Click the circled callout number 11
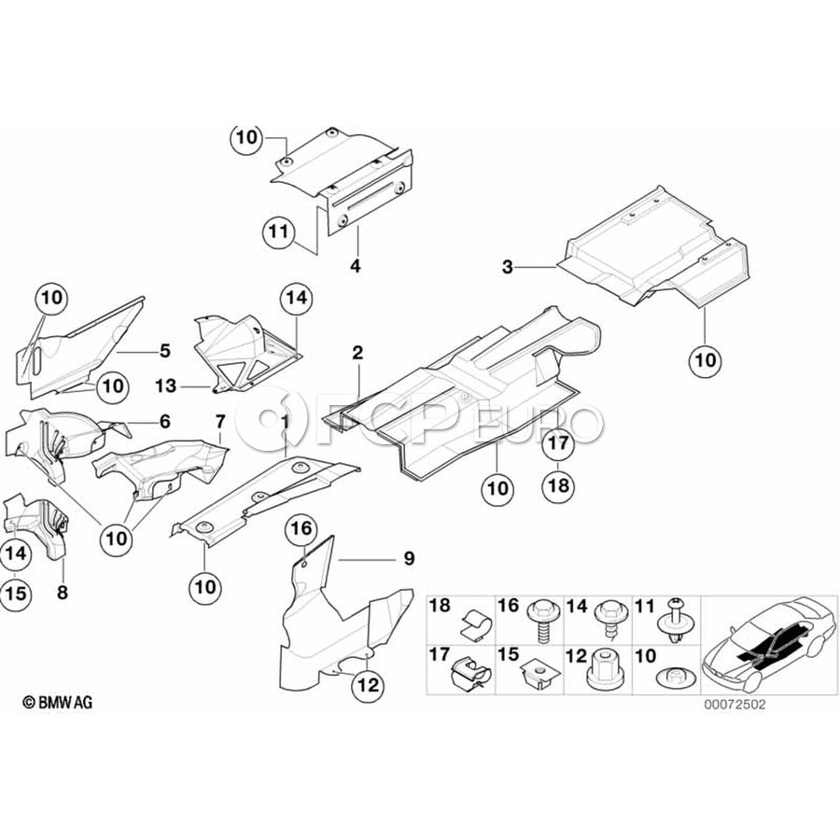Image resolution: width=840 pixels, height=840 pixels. [279, 232]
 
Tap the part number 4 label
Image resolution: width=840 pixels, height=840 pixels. [356, 265]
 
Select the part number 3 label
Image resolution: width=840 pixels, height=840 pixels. [508, 266]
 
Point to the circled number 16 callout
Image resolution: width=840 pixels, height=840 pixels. [301, 529]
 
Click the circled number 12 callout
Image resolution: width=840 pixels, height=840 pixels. [370, 685]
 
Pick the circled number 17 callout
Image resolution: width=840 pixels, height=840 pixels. [558, 443]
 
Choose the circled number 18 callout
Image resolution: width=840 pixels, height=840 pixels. [558, 485]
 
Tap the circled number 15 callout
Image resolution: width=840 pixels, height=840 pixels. [16, 594]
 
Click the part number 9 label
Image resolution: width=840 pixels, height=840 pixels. [410, 559]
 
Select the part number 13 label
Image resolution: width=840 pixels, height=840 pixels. [165, 385]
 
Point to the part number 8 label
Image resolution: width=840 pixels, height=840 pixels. [63, 593]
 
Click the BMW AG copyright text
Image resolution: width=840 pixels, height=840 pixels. [58, 702]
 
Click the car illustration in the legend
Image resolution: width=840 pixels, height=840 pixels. [769, 643]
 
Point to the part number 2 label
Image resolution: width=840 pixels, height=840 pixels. [357, 353]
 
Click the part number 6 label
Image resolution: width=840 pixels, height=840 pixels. [165, 422]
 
